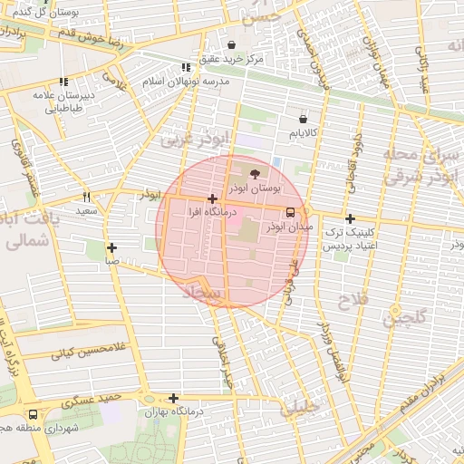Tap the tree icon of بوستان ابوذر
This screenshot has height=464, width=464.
(x=254, y=172)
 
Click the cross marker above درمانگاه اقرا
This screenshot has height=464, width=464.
(x=212, y=198)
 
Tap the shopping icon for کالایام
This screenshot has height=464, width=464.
(x=303, y=119)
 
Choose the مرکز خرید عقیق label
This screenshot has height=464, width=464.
(x=232, y=58)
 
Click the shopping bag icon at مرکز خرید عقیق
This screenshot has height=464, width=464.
(x=232, y=44)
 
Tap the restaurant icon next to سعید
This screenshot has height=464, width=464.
(x=87, y=197)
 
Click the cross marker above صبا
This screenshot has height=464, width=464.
(x=111, y=247)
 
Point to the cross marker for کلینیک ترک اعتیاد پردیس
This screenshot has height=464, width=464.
(x=351, y=218)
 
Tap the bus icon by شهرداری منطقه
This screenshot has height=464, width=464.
(x=34, y=413)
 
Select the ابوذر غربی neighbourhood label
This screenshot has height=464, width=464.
(x=197, y=139)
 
